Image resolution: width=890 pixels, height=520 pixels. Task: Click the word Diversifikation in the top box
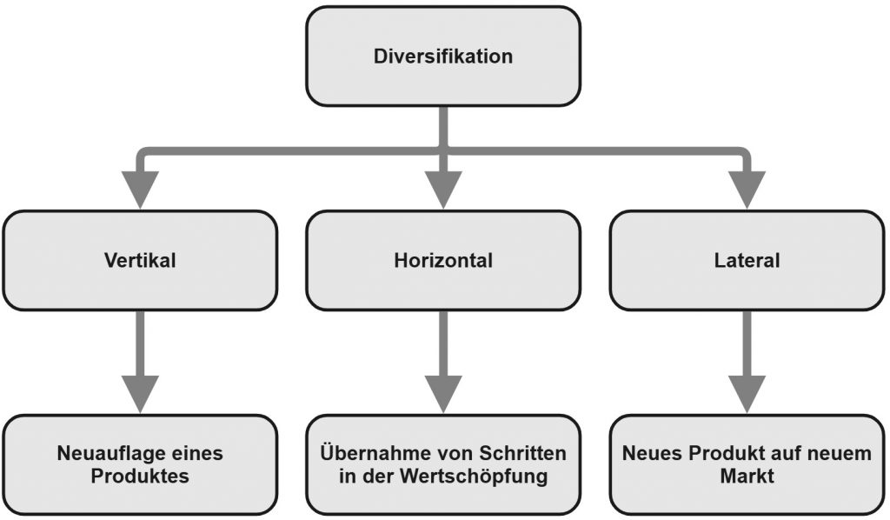coord(443,57)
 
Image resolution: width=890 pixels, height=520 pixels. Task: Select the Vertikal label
coord(140,261)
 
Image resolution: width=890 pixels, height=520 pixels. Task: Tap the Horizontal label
coord(443,261)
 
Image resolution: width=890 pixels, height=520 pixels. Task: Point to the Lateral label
coord(747,261)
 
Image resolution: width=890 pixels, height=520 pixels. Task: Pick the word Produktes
coord(140,477)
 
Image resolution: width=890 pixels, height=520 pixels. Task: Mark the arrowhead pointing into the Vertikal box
coord(140,190)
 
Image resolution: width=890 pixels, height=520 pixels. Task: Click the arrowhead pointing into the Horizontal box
coord(443,190)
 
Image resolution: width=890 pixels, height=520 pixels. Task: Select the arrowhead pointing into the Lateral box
coord(747,190)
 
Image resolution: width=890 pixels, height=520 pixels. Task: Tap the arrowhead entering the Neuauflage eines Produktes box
coord(140,394)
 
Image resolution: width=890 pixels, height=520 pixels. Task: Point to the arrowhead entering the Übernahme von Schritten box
coord(443,394)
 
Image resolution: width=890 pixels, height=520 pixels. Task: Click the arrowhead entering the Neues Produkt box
coord(747,394)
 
